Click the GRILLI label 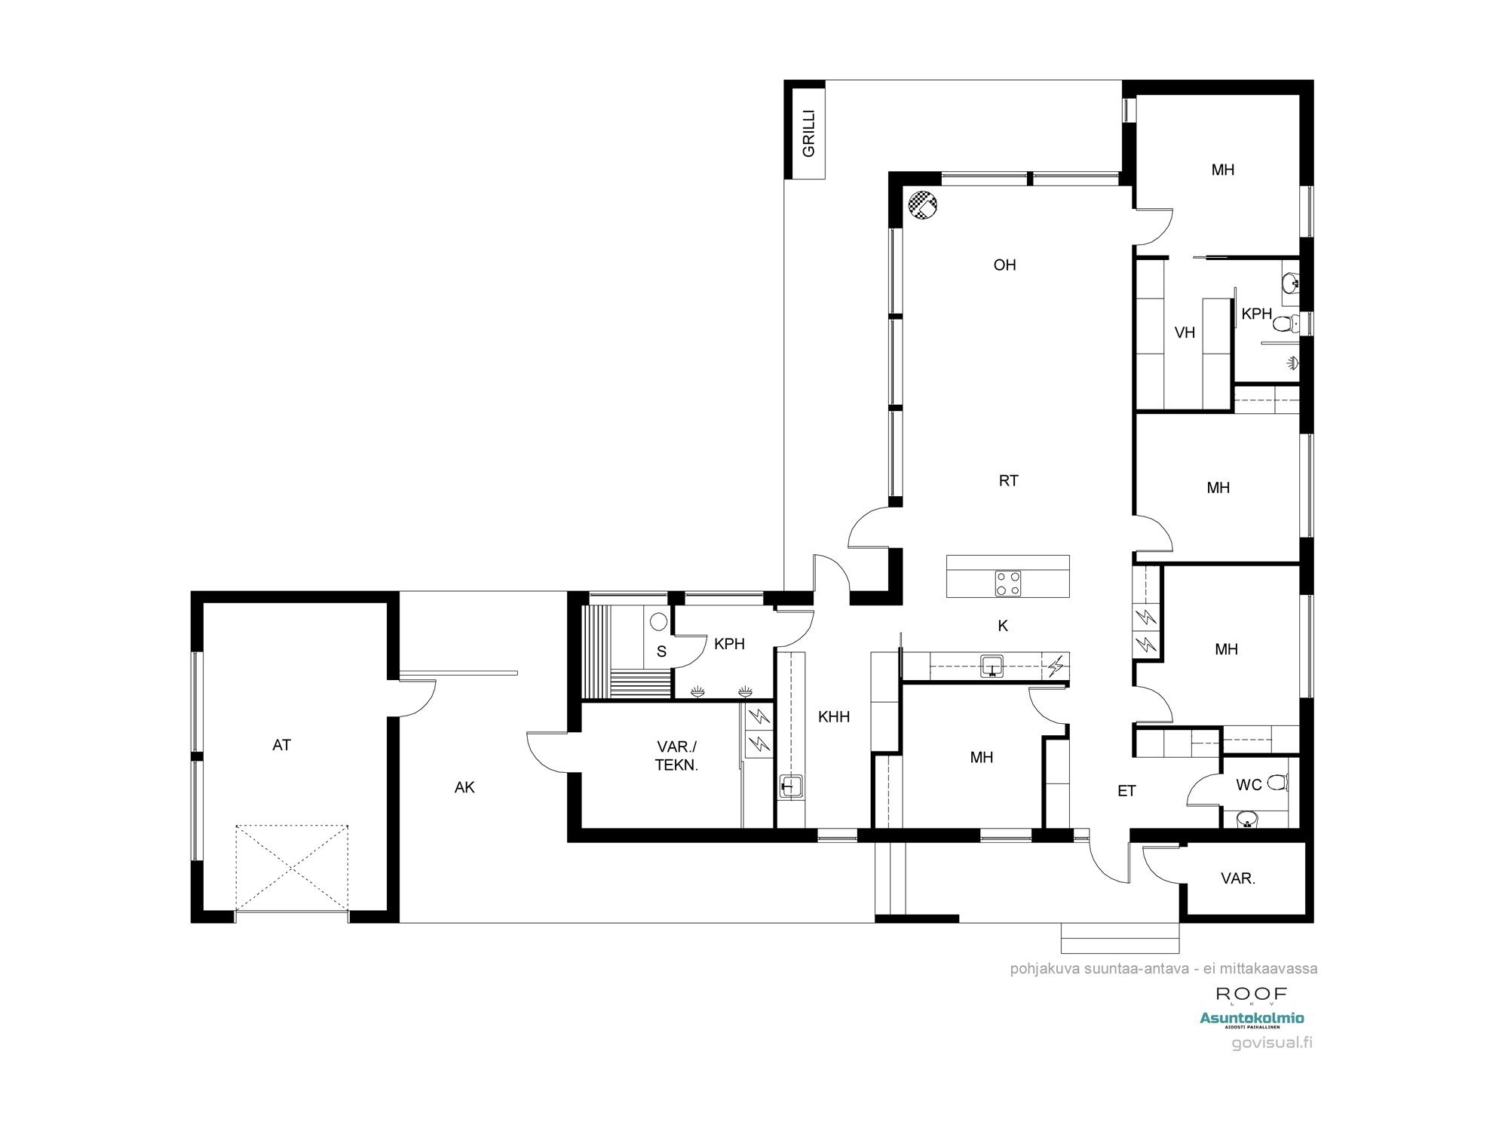808,133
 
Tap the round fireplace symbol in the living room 923,204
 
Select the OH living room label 1004,265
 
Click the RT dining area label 1008,480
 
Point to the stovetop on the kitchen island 1008,583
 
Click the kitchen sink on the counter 992,666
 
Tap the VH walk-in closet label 1185,333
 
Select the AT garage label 281,745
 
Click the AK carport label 464,787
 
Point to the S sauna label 661,651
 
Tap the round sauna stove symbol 659,622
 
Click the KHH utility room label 834,717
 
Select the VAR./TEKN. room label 676,756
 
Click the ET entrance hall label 1126,791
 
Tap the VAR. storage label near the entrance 1237,878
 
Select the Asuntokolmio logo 1252,1019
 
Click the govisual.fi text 1272,1043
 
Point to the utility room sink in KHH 790,786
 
